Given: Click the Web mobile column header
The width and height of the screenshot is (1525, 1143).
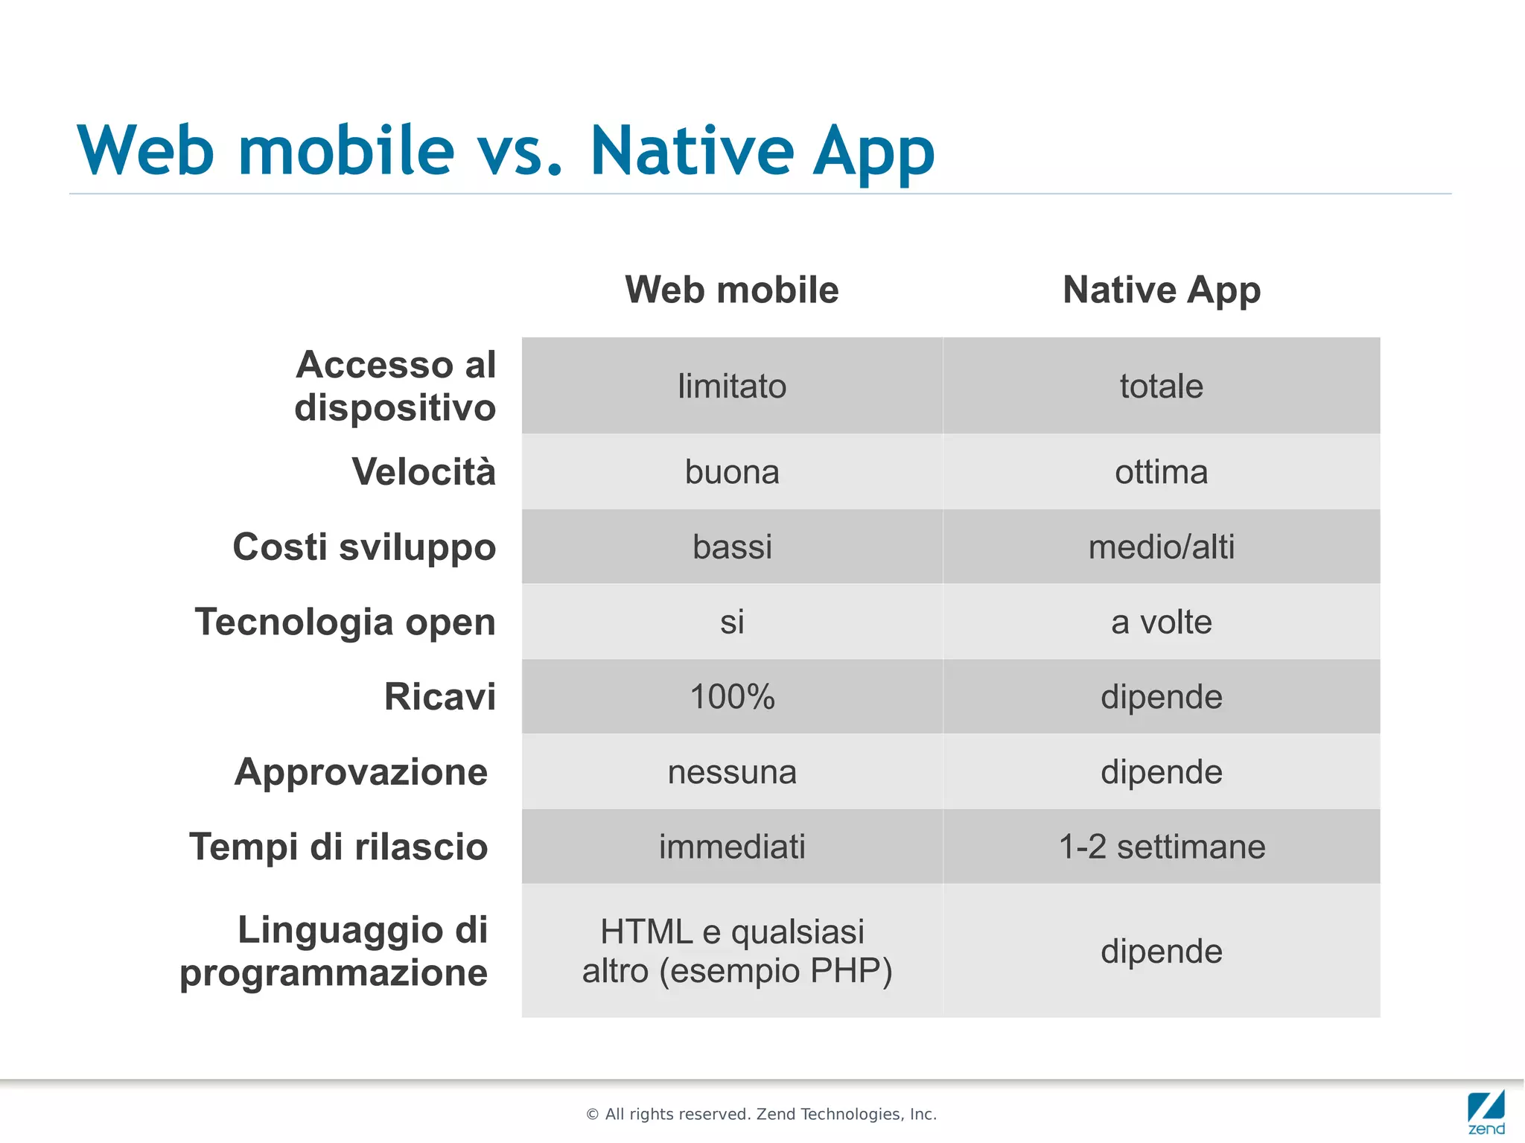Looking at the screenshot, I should (731, 290).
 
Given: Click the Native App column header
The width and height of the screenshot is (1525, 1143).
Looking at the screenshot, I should (1161, 290).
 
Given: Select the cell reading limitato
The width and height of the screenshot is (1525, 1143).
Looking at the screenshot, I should (731, 386).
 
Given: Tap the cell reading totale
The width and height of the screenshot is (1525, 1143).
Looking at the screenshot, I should (1161, 386).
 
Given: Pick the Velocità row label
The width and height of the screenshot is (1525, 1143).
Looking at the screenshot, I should (423, 472).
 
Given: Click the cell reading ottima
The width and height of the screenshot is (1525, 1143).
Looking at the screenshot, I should (1161, 472).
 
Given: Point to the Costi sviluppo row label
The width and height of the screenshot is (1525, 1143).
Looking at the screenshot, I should (364, 547).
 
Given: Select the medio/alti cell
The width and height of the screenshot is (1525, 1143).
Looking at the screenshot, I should (1161, 547).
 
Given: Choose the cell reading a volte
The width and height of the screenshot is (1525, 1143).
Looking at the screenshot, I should (1161, 622).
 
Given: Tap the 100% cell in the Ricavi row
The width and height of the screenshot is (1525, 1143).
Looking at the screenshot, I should (731, 697).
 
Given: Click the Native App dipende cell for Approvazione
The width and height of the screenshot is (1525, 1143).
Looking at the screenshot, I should (1161, 772).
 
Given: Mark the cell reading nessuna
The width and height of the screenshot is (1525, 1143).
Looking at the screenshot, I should (731, 772).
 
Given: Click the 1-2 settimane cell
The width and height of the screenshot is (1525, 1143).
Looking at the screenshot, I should (1161, 847).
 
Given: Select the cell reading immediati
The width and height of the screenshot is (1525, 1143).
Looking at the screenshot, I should (731, 847).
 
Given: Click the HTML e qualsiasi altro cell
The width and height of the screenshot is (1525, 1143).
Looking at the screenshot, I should (736, 951).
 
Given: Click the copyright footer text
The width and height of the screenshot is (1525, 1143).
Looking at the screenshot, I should (761, 1114).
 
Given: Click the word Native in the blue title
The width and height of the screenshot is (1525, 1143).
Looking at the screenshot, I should (692, 151).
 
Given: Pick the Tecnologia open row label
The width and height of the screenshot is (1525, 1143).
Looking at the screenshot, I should (346, 622).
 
